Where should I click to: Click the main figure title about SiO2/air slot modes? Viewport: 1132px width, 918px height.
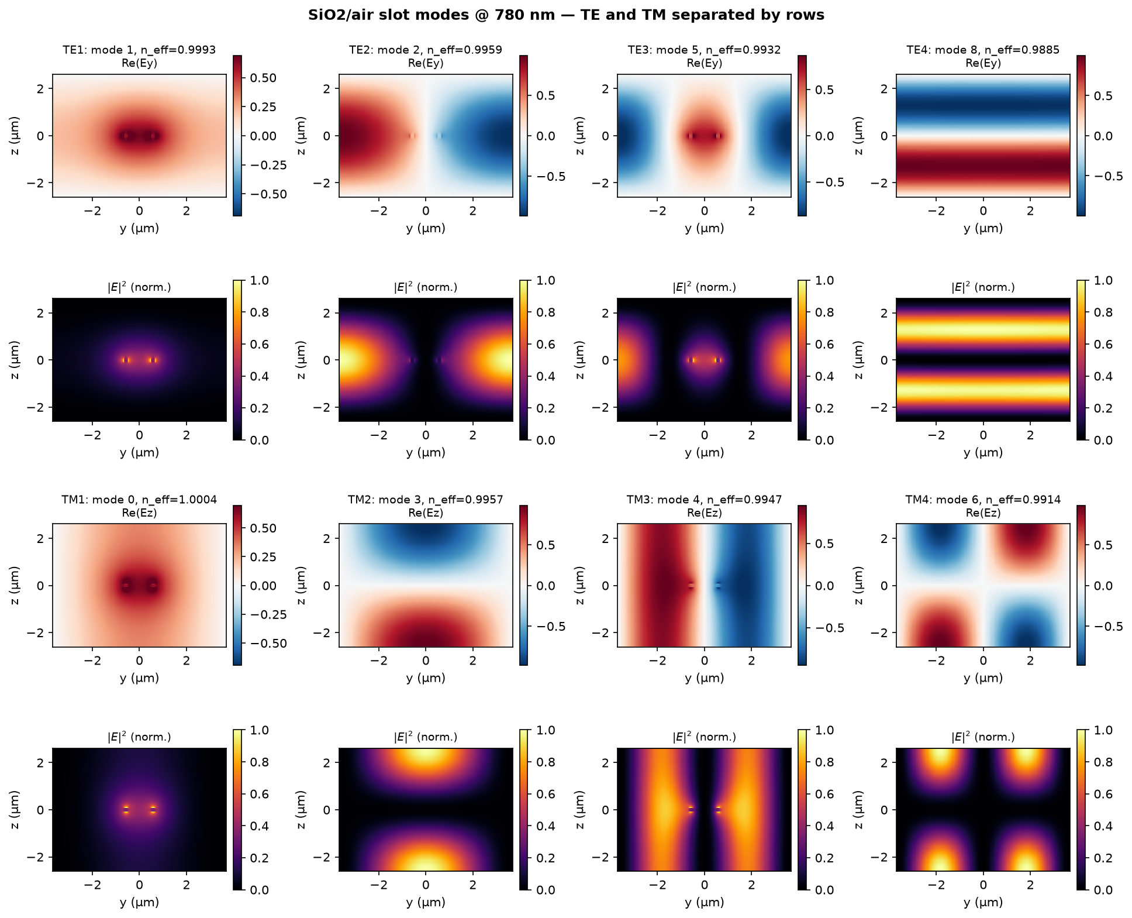(566, 15)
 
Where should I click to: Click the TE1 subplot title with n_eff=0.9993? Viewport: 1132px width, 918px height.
(139, 50)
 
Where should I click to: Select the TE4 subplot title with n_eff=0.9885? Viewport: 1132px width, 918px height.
(983, 50)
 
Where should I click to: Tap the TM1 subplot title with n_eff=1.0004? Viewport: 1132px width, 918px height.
(139, 500)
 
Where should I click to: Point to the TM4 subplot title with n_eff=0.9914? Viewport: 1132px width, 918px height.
(983, 500)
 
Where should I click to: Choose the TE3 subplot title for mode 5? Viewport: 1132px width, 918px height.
(704, 50)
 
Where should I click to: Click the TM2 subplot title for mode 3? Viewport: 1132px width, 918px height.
(426, 500)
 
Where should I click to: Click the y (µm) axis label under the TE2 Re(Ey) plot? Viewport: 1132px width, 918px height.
(426, 228)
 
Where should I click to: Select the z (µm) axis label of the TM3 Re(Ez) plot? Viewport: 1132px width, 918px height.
(580, 586)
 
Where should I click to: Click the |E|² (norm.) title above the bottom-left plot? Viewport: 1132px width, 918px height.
(139, 737)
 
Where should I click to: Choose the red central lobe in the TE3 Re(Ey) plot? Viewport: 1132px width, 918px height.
(704, 136)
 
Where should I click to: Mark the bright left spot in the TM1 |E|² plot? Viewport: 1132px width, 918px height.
(126, 810)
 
